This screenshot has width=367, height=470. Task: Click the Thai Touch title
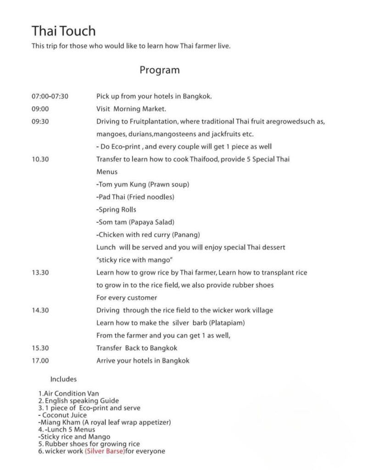click(x=64, y=31)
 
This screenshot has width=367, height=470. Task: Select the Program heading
click(x=160, y=70)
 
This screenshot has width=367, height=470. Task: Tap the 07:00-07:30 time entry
click(x=50, y=96)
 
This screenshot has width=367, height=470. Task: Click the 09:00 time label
click(x=40, y=109)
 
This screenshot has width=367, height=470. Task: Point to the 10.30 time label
click(x=40, y=159)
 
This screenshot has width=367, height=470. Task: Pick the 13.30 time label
click(x=40, y=272)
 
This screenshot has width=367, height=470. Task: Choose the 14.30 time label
click(x=40, y=310)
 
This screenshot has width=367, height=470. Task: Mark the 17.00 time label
click(x=40, y=361)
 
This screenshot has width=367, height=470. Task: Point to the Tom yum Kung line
click(x=143, y=185)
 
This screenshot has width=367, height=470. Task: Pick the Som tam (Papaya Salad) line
click(x=135, y=222)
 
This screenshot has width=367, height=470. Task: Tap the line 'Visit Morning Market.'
click(x=131, y=109)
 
